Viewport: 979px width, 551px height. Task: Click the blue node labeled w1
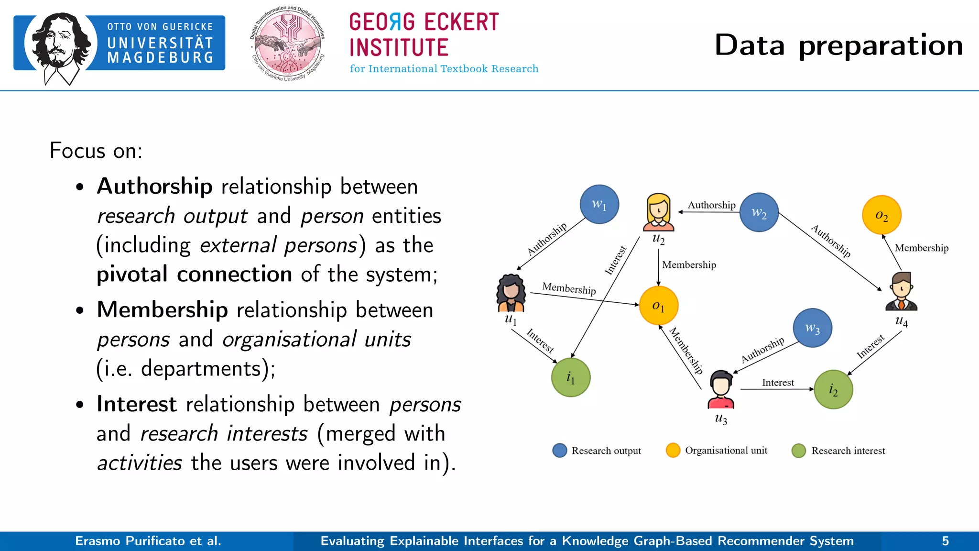[x=599, y=204]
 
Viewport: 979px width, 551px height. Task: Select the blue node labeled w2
[x=759, y=212]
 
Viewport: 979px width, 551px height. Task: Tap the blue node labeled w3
[x=812, y=328]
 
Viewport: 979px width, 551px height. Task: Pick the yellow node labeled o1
[x=658, y=306]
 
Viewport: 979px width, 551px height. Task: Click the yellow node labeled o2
[x=881, y=215]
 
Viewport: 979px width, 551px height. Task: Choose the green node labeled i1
[x=571, y=377]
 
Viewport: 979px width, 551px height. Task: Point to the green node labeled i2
[x=833, y=389]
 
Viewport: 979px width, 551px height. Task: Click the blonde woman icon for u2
[x=658, y=212]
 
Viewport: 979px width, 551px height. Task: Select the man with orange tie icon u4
[x=901, y=291]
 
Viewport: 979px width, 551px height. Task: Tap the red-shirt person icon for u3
[x=721, y=389]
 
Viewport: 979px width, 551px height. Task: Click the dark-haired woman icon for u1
[x=511, y=293]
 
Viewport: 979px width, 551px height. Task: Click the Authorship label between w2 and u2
[x=711, y=205]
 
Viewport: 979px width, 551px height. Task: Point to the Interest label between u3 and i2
[x=778, y=382]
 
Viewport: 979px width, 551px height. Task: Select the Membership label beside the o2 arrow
[x=921, y=248]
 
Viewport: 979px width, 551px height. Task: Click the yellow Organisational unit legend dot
[x=673, y=450]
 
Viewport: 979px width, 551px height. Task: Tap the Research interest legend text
[x=848, y=451]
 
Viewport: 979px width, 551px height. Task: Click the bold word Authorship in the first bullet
[x=154, y=186]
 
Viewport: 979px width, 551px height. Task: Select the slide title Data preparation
[x=838, y=45]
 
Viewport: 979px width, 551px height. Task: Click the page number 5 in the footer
[x=945, y=541]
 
